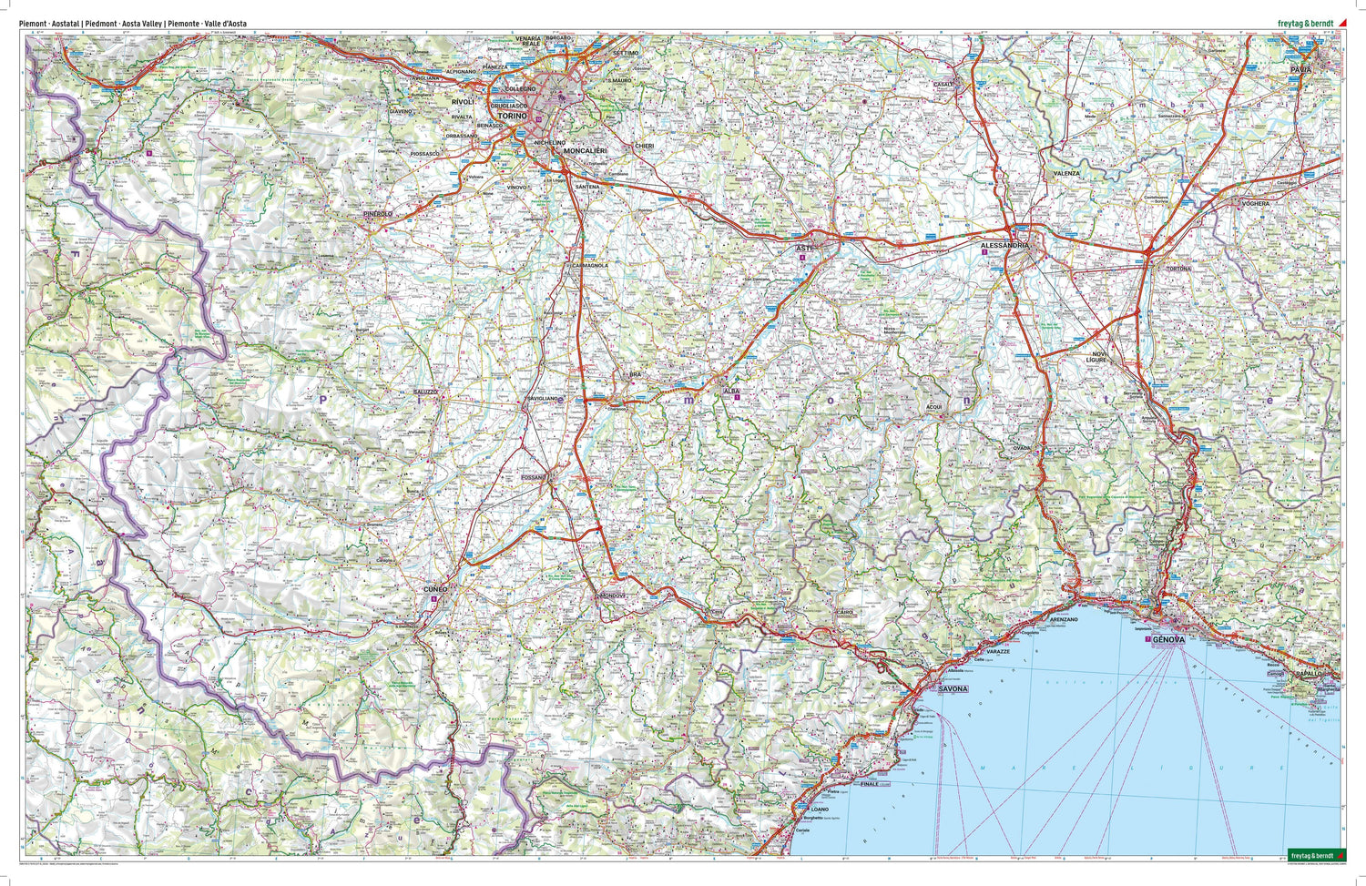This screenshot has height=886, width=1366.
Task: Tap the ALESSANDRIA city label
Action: (1004, 246)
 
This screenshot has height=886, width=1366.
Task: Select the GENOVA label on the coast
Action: (1167, 640)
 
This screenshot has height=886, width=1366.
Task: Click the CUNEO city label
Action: (434, 590)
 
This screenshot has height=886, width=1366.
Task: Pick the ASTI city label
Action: (802, 248)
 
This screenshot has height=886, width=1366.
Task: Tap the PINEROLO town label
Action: (377, 214)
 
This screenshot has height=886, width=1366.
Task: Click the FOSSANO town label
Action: (533, 477)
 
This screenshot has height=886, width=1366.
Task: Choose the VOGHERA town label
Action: (1255, 203)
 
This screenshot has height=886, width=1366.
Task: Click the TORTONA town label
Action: (1191, 270)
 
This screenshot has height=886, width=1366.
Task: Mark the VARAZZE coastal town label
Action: (997, 652)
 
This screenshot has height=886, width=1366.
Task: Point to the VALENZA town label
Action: (1065, 173)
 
